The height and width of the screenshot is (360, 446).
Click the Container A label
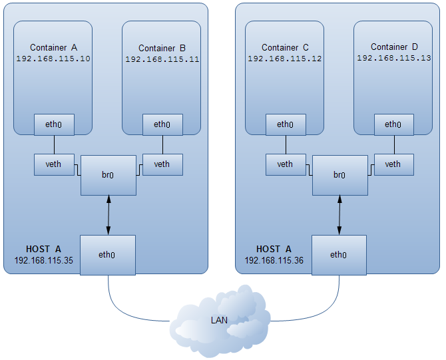tap(54, 47)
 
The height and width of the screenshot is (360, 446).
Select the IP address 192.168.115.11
tap(162, 59)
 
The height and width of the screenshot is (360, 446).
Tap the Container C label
tap(285, 47)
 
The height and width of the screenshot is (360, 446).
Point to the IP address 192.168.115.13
tap(394, 58)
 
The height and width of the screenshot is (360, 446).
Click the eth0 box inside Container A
tap(54, 124)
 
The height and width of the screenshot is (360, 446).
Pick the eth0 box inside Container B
tap(162, 124)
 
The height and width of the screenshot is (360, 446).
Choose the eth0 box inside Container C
tap(285, 124)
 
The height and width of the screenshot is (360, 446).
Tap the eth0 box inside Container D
tap(393, 124)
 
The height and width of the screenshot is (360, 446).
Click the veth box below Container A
tap(54, 164)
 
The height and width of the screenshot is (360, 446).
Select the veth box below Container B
tap(162, 164)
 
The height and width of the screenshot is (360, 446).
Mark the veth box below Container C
tap(285, 164)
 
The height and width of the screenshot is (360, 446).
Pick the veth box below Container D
tap(393, 164)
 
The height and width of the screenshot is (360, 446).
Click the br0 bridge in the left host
tap(109, 175)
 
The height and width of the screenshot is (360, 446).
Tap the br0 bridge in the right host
tap(339, 175)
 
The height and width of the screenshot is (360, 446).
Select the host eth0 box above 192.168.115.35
tap(108, 254)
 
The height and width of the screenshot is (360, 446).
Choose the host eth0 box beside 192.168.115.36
tap(339, 254)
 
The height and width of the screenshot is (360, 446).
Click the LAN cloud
tap(220, 320)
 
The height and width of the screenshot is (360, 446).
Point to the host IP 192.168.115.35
tap(43, 260)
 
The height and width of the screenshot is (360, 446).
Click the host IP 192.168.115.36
tap(274, 260)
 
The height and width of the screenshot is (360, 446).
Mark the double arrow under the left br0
tap(109, 215)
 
